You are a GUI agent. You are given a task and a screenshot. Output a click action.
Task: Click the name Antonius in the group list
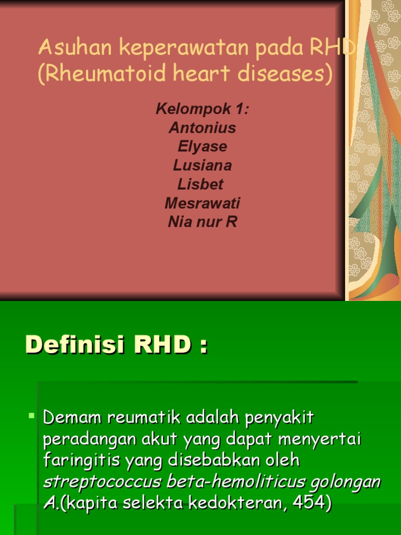202,128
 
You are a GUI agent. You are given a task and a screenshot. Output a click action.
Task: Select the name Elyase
202,147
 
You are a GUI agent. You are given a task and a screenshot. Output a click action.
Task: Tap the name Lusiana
202,166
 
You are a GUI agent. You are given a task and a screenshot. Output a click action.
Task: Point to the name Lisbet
200,184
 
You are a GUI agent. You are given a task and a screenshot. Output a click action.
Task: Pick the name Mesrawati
202,203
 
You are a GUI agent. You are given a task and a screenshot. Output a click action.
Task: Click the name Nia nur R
202,222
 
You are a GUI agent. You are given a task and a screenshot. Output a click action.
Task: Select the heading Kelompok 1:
202,110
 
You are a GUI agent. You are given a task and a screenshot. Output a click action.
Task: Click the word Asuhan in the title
76,49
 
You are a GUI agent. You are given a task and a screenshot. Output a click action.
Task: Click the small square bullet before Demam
31,416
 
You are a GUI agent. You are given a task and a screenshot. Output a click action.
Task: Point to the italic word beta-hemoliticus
222,482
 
